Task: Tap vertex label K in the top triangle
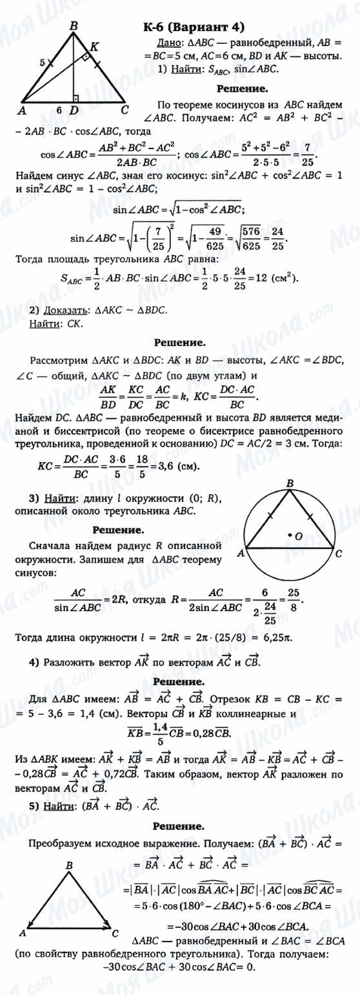(95, 46)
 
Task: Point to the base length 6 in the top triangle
(59, 110)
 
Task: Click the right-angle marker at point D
(77, 98)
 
